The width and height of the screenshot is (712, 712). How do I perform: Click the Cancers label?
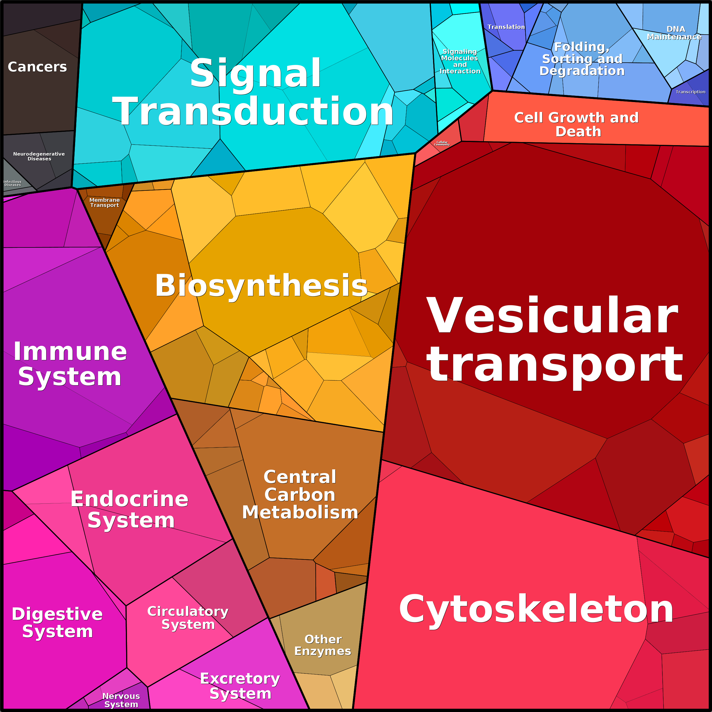[x=37, y=67]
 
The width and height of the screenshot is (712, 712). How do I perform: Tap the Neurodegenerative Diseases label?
[x=39, y=156]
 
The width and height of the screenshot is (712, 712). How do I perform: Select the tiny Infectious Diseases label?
[x=12, y=183]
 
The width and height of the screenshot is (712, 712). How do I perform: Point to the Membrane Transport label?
[x=105, y=202]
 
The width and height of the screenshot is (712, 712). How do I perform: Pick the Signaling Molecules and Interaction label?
[x=459, y=61]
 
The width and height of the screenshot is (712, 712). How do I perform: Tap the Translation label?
[x=506, y=27]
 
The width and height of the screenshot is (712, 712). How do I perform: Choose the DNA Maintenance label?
[x=674, y=33]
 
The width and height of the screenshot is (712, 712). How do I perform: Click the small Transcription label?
[x=690, y=92]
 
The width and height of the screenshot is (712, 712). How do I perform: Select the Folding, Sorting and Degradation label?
[x=582, y=59]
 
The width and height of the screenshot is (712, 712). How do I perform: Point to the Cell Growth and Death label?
[x=577, y=124]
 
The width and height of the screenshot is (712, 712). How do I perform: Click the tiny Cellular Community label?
[x=442, y=143]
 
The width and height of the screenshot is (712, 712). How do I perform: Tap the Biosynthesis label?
[x=261, y=286]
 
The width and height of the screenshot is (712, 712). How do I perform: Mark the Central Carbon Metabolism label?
[x=300, y=495]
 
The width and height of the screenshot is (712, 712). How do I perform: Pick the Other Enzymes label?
[x=323, y=645]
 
